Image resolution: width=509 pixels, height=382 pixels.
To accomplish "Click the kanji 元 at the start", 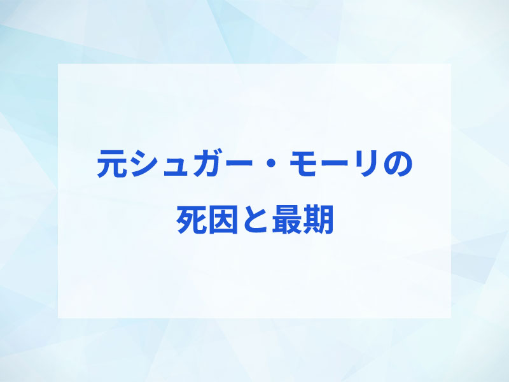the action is pyautogui.click(x=112, y=164).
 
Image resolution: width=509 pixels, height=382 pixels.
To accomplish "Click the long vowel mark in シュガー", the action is pyautogui.click(x=239, y=164).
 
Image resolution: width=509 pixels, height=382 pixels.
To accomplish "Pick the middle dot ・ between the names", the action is pyautogui.click(x=271, y=164).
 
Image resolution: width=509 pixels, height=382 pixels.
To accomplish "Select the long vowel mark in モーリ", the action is pyautogui.click(x=335, y=164).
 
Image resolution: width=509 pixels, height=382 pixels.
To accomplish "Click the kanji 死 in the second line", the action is pyautogui.click(x=192, y=220).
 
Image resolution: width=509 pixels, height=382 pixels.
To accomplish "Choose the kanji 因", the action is pyautogui.click(x=223, y=220).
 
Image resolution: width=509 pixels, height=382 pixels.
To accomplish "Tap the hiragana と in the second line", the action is pyautogui.click(x=255, y=220).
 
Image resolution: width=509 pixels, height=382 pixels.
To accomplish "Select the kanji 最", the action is pyautogui.click(x=287, y=220).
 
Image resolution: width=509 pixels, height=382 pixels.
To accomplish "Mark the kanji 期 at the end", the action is pyautogui.click(x=318, y=220).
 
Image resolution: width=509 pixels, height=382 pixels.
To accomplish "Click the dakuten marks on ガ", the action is pyautogui.click(x=218, y=153).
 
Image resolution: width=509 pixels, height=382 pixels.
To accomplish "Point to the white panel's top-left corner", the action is pyautogui.click(x=58, y=64).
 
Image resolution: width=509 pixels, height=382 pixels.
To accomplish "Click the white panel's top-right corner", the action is pyautogui.click(x=451, y=64).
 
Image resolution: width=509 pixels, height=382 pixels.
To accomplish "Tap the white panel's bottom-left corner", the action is pyautogui.click(x=58, y=318).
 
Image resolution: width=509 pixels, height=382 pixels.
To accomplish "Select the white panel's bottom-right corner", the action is pyautogui.click(x=451, y=318).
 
